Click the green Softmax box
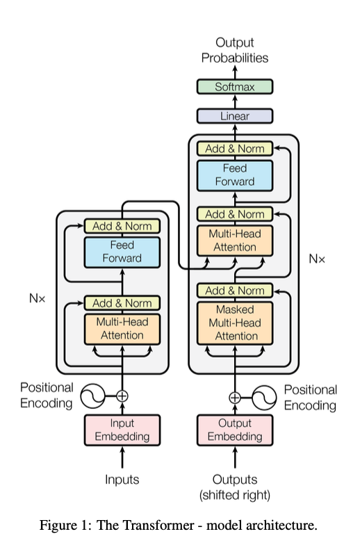point(235,87)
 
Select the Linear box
point(235,116)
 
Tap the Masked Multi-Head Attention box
point(235,323)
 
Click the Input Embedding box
point(122,430)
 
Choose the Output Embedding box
point(235,430)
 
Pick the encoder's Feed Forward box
point(122,252)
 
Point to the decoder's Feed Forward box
point(235,175)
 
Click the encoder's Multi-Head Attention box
point(122,329)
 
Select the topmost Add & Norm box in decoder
point(235,149)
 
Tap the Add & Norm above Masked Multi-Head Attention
point(235,291)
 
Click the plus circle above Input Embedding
point(122,396)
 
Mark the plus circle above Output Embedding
point(235,397)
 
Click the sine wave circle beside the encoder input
point(92,396)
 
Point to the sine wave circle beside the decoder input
point(265,397)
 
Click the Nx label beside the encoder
point(38,298)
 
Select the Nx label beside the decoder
point(317,259)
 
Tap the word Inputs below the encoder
point(122,480)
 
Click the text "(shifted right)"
point(235,495)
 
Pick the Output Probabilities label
point(235,50)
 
